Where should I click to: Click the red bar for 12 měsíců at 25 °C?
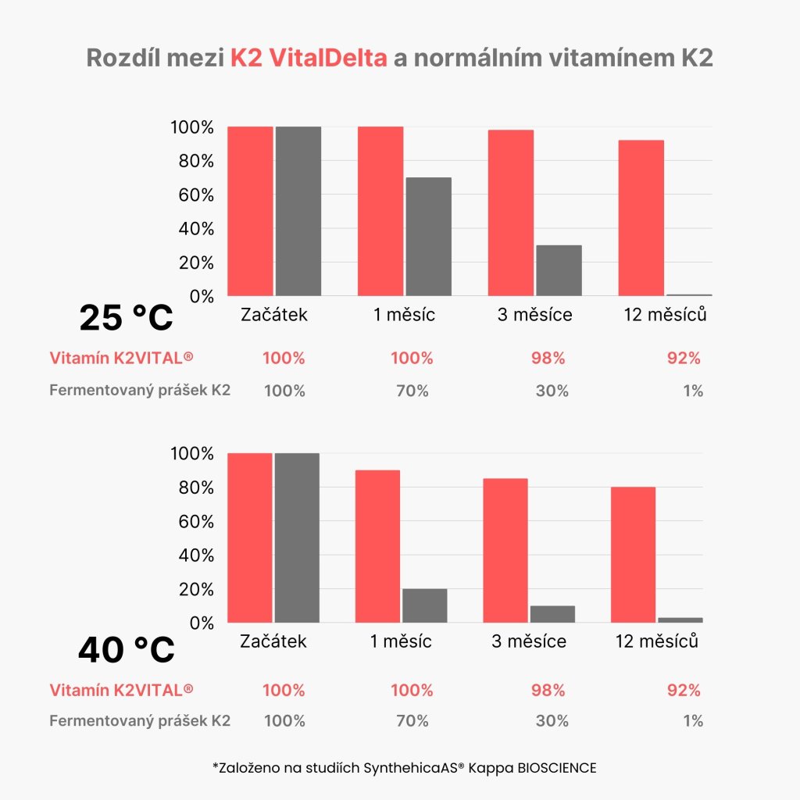click(641, 218)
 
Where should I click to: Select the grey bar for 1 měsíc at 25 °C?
click(427, 237)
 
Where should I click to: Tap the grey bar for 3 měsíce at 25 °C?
click(558, 270)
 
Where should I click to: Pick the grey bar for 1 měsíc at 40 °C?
click(424, 605)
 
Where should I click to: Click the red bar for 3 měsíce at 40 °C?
click(505, 550)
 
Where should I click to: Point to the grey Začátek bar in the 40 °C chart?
click(296, 537)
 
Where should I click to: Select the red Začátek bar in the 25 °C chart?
click(250, 211)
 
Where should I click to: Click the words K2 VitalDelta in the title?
click(309, 59)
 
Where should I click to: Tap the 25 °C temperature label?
click(126, 318)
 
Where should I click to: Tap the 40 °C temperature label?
click(126, 650)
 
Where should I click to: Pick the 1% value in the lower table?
click(692, 721)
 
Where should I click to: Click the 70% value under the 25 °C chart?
click(412, 391)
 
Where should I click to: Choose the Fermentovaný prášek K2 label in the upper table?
click(140, 391)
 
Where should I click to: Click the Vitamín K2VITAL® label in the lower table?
click(121, 690)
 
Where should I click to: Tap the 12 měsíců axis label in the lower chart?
click(655, 641)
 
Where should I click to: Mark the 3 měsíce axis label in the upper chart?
click(534, 315)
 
